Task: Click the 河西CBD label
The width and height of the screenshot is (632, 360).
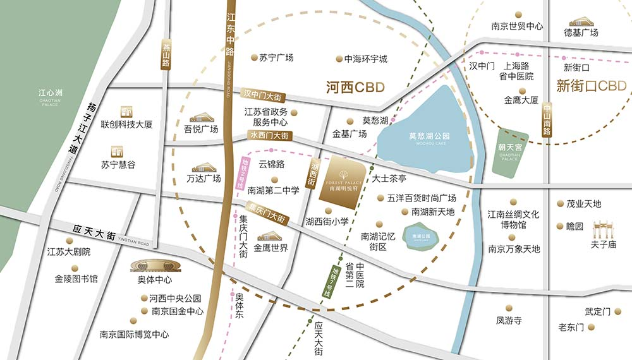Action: [x=355, y=87]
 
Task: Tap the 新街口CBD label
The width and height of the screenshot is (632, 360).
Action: [x=590, y=86]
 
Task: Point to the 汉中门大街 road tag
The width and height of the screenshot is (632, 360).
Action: [x=265, y=95]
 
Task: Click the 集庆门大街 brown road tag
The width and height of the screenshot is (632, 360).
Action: [x=266, y=212]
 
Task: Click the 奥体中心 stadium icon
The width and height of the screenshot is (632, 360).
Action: [x=150, y=266]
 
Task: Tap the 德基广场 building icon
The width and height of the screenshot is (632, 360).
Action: [x=580, y=21]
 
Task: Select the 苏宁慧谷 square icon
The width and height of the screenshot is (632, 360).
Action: [x=117, y=151]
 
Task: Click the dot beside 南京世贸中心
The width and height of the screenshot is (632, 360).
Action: [x=518, y=14]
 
